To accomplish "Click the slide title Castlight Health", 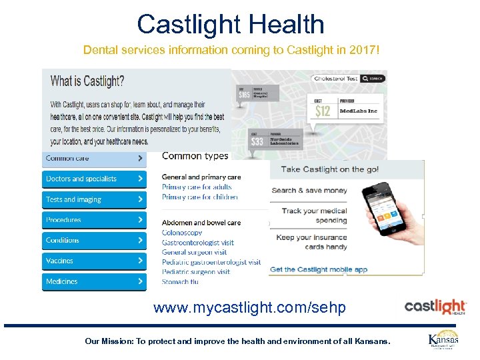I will click(x=231, y=25).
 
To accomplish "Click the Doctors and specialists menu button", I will click(x=94, y=179).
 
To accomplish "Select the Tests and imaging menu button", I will click(x=94, y=199).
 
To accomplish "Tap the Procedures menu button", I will click(x=94, y=220).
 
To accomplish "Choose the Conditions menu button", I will click(x=94, y=240).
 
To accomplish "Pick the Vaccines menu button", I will click(x=94, y=261).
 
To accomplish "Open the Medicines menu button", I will click(x=94, y=281).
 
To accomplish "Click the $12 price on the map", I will click(x=323, y=111).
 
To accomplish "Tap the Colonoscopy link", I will click(x=182, y=233).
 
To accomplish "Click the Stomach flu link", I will click(x=180, y=281).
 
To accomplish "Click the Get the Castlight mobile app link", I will click(x=319, y=269).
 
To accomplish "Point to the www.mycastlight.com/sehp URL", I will click(x=249, y=308).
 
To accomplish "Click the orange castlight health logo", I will click(x=436, y=307).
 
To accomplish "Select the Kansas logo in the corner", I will click(x=443, y=341).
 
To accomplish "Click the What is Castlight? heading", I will click(x=87, y=81).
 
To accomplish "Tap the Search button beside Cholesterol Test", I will click(x=375, y=79).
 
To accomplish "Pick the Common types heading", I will click(x=195, y=156).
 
